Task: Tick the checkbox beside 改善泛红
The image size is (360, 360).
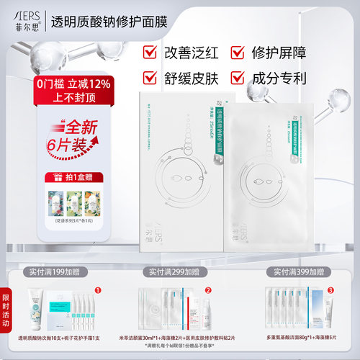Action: (150, 52)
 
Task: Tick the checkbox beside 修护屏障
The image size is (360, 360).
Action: (235, 52)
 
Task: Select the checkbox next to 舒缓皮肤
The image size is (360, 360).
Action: (150, 77)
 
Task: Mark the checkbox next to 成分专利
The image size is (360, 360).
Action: (235, 77)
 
